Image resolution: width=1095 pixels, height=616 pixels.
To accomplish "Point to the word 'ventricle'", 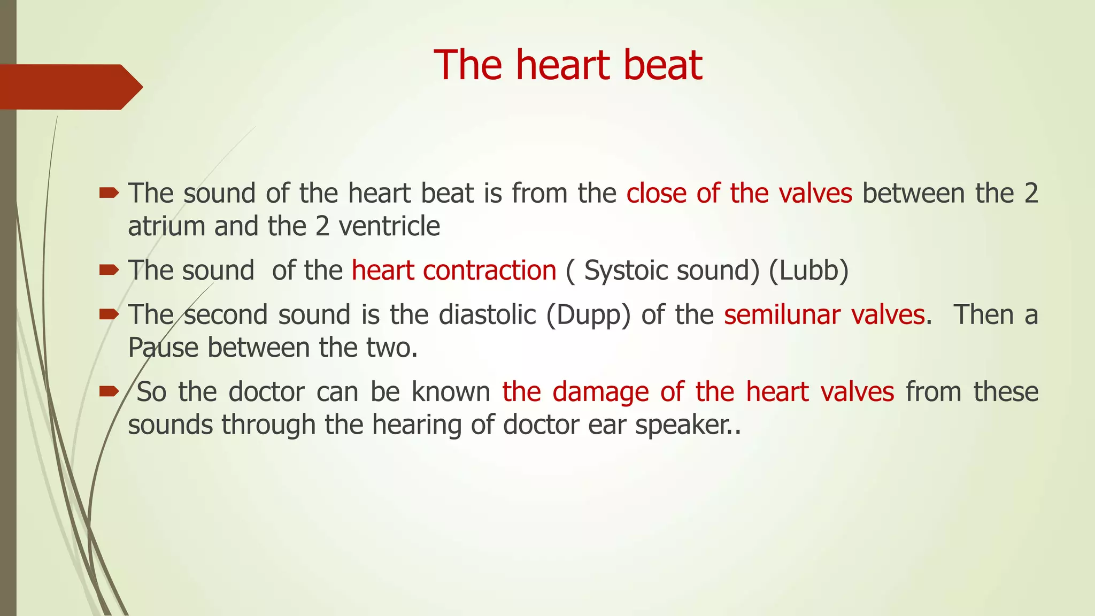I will pyautogui.click(x=389, y=227).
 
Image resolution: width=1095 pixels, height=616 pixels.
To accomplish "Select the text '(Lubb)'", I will pyautogui.click(x=808, y=271).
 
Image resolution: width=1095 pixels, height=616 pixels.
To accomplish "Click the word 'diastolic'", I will pyautogui.click(x=487, y=315).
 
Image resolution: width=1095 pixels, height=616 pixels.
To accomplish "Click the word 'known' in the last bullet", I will pyautogui.click(x=451, y=392).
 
